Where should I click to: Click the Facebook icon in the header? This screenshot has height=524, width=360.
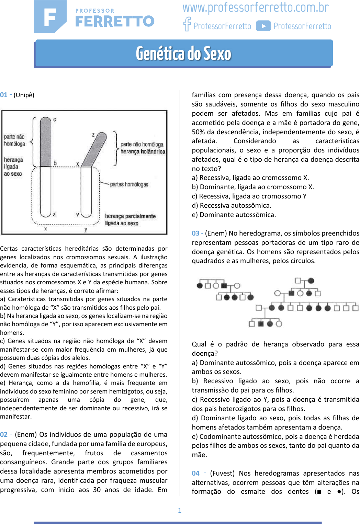point(187,24)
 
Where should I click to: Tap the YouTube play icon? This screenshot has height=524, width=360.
point(263,26)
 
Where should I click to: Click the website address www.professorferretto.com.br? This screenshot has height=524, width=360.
point(256,8)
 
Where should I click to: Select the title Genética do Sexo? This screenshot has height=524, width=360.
point(183,54)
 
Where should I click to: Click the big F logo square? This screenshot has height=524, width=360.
point(50,17)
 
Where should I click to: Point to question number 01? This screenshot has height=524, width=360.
point(4,95)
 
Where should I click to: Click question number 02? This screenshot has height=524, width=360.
point(4,434)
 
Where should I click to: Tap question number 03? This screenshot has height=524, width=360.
point(195,233)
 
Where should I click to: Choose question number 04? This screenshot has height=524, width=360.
point(195,473)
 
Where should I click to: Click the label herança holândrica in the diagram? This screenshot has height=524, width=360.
point(143,151)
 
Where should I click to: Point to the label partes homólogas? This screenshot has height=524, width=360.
point(129,184)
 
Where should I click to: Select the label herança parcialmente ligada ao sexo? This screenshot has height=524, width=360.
point(130,220)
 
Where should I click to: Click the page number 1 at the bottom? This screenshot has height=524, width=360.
point(180,510)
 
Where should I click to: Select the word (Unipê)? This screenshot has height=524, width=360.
point(24,95)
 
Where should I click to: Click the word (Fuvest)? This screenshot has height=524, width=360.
point(222,473)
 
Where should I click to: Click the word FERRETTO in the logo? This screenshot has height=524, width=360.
point(115,21)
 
